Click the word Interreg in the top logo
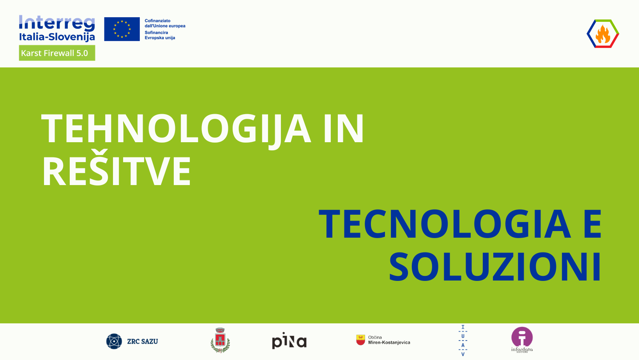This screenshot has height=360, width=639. point(57,23)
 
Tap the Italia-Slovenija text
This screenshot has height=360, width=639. point(57,37)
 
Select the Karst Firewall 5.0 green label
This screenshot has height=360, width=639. point(57,53)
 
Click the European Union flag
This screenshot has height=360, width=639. point(122,29)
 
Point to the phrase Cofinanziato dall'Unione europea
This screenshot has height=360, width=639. point(165,23)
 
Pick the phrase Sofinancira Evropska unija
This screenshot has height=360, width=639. point(160,35)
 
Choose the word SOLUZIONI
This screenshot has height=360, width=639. point(495,267)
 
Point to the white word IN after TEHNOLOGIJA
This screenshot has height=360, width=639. point(344,128)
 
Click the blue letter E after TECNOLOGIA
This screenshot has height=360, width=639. point(593,224)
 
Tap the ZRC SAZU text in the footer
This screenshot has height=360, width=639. point(142,341)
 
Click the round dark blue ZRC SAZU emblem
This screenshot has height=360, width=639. point(114,341)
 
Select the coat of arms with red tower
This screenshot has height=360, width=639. point(220,340)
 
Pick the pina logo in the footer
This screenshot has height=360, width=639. point(289,341)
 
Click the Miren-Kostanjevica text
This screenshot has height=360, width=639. point(389,342)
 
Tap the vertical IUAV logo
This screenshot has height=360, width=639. point(463,341)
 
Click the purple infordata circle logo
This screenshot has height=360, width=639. point(522,337)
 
